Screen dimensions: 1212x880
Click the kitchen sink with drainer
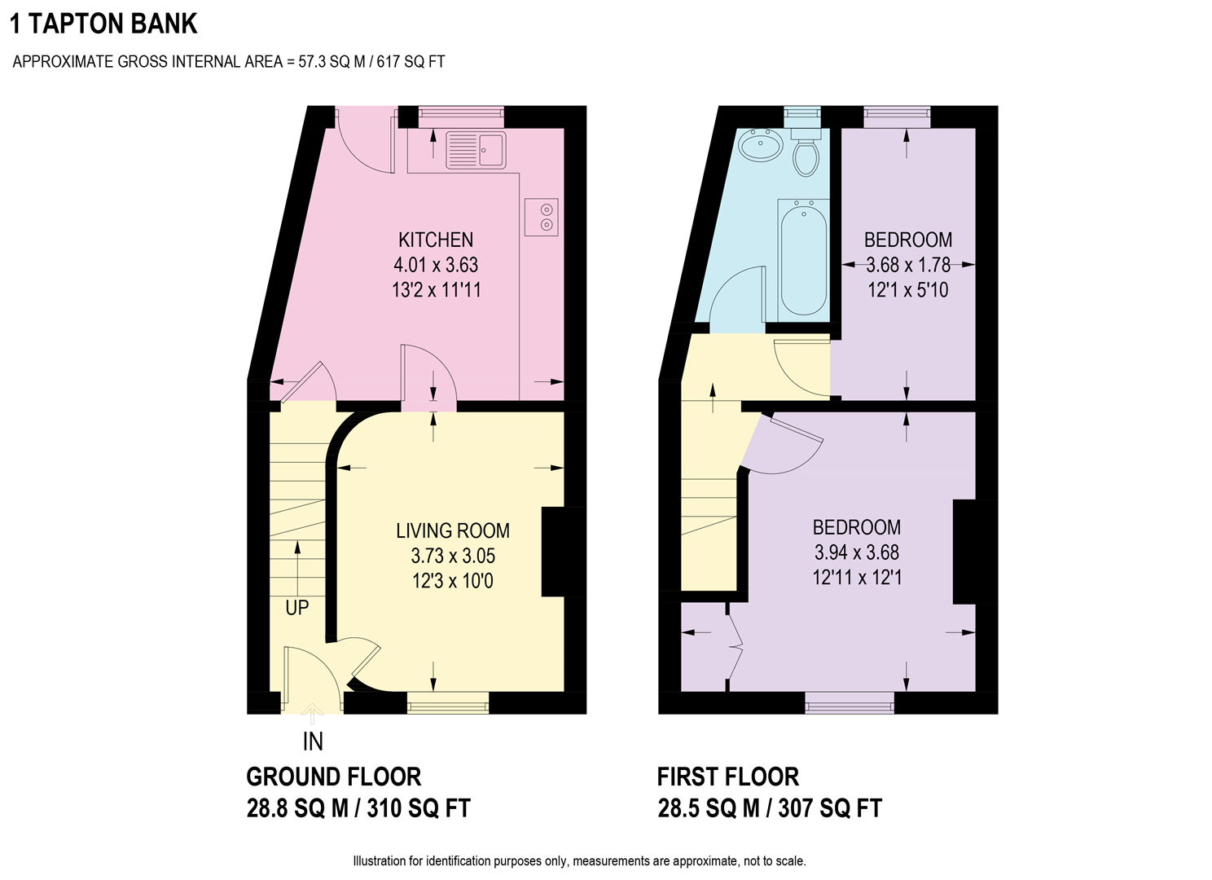(x=476, y=150)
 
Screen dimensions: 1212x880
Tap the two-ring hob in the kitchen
(x=541, y=217)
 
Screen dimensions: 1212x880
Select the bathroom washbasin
(x=760, y=144)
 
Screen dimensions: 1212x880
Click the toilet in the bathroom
(x=806, y=152)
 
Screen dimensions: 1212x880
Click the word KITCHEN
(x=436, y=240)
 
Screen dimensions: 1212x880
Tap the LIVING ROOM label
(x=453, y=530)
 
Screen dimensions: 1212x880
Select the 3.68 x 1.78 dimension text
(x=908, y=265)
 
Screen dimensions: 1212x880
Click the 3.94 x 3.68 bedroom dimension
(x=857, y=552)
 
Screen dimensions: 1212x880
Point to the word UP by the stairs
(x=297, y=608)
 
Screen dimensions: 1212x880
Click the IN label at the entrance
(x=313, y=741)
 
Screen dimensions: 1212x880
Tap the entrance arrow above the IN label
(x=312, y=713)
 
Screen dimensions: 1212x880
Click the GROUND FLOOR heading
(x=333, y=777)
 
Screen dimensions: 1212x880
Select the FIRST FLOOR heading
(x=727, y=777)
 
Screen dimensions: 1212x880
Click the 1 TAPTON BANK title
(x=103, y=24)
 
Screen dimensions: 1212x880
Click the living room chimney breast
(x=563, y=552)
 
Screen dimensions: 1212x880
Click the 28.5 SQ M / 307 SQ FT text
(x=770, y=808)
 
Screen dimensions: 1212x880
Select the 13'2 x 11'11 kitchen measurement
(x=436, y=290)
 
